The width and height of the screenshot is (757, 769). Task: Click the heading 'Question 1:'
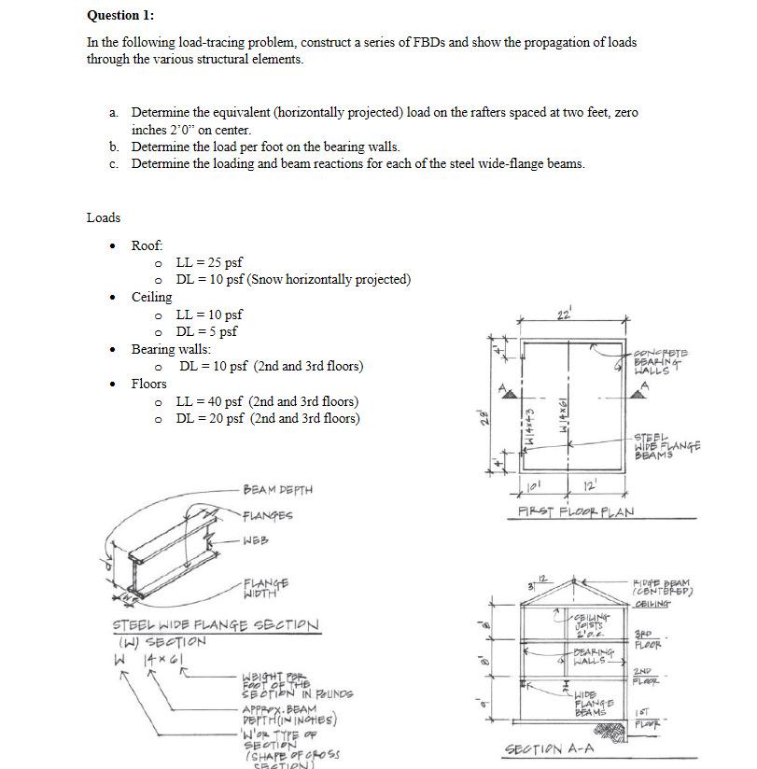(120, 15)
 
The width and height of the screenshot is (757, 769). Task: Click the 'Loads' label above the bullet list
(104, 217)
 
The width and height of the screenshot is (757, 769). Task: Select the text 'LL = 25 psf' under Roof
(209, 262)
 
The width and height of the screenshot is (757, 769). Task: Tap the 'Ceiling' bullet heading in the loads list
(151, 297)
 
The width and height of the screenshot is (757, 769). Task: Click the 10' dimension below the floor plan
(534, 485)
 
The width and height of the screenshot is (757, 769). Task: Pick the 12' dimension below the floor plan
(590, 485)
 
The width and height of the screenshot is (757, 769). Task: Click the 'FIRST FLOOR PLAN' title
(576, 512)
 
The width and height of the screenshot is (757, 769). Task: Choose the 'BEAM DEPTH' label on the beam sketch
(277, 489)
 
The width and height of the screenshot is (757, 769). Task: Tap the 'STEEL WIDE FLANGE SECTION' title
(216, 624)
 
